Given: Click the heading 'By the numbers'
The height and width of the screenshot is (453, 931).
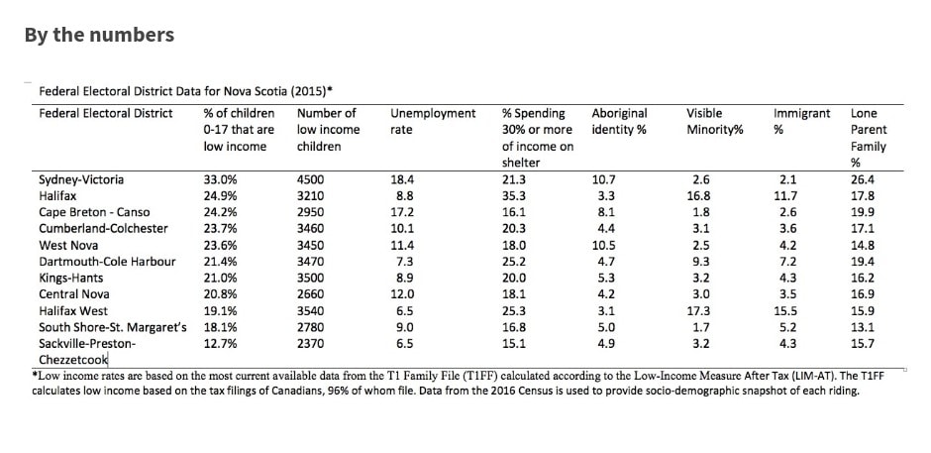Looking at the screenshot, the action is [x=99, y=35].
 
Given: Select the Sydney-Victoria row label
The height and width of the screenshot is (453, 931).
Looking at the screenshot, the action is [x=81, y=179].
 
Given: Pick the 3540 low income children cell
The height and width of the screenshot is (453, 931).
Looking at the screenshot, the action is [x=311, y=310].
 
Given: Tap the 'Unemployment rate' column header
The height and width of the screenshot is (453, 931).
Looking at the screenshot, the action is [x=433, y=121].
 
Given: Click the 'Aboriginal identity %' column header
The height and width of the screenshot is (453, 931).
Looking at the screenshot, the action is [x=619, y=121].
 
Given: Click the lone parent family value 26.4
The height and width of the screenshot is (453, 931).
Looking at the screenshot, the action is [x=863, y=179].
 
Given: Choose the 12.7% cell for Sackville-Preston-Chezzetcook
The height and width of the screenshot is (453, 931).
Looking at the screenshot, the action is [x=220, y=344].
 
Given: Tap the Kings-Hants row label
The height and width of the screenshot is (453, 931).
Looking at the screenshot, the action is [x=70, y=278].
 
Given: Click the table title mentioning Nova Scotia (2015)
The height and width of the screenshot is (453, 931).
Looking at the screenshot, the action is [x=185, y=91].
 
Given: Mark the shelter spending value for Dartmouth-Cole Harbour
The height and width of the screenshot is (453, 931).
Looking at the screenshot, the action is [x=514, y=261].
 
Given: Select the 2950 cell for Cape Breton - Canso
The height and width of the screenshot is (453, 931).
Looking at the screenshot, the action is [x=311, y=212].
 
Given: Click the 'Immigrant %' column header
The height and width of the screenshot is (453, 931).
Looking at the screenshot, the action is [x=801, y=121].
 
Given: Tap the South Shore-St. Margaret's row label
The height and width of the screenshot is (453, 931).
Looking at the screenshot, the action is [x=113, y=327].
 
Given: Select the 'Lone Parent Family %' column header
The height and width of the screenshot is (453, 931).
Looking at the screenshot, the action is [x=868, y=138].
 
